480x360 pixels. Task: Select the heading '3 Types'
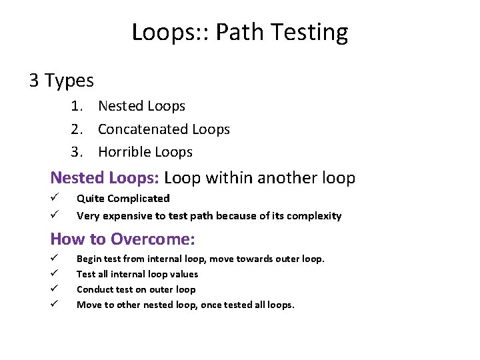pos(61,81)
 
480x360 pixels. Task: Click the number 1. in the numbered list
pos(78,106)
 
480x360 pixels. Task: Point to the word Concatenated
pos(142,129)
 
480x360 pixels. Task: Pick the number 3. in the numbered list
pos(78,152)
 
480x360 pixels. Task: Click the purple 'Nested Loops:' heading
pos(105,178)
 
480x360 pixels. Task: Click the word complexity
pos(313,216)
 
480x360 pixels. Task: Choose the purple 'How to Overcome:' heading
pos(122,239)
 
